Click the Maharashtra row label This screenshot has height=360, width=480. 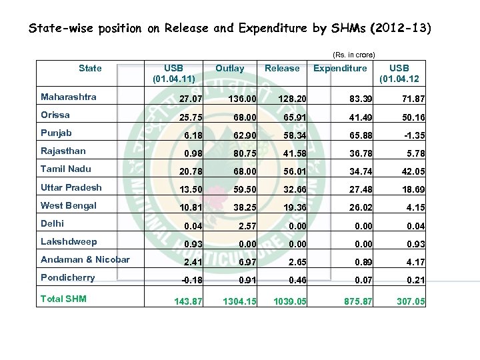pyautogui.click(x=68, y=97)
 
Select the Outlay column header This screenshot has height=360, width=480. pyautogui.click(x=229, y=68)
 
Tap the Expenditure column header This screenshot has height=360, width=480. pyautogui.click(x=340, y=68)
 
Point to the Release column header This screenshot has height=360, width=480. pyautogui.click(x=282, y=68)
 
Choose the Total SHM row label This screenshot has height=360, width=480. pyautogui.click(x=63, y=299)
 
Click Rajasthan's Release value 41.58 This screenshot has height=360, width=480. pyautogui.click(x=293, y=154)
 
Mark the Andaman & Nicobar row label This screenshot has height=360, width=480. pyautogui.click(x=85, y=259)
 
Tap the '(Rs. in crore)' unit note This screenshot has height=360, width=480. pyautogui.click(x=353, y=54)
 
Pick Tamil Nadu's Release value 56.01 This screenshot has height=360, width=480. pyautogui.click(x=293, y=172)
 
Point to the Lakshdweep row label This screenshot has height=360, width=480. pyautogui.click(x=69, y=241)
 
